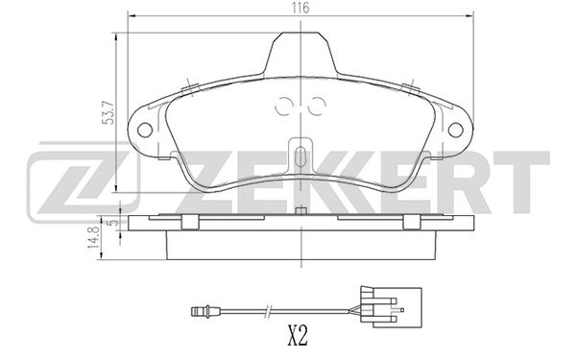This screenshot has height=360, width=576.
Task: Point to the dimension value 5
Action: click(x=110, y=221)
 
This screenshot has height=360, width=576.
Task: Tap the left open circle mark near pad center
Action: click(x=285, y=108)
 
